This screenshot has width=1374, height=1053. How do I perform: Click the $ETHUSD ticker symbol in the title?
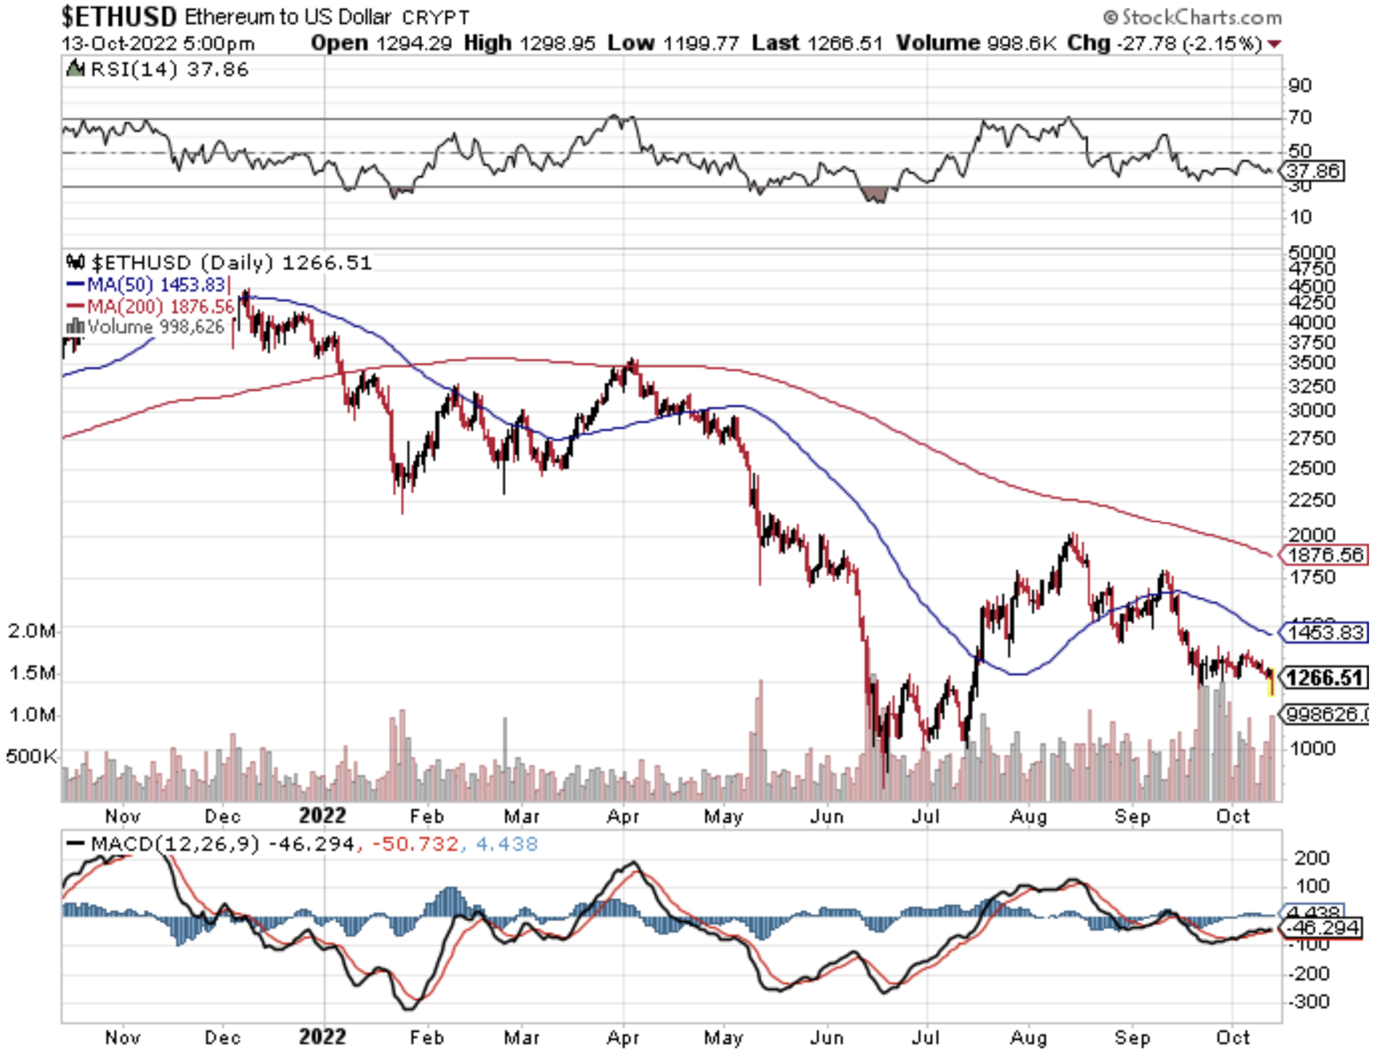point(120,17)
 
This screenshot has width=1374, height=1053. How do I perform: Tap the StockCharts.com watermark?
point(1193,17)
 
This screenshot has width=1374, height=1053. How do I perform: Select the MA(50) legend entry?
point(147,284)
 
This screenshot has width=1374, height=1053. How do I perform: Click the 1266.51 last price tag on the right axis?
point(1324,678)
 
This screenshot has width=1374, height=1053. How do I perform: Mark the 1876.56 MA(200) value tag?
point(1325,555)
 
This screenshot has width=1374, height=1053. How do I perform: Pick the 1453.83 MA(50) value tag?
point(1325,632)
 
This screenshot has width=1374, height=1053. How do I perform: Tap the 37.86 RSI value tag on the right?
point(1313,171)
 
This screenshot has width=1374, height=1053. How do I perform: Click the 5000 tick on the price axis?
point(1311,253)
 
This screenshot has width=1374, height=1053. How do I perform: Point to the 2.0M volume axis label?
point(32,630)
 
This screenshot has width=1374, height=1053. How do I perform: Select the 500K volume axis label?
point(32,756)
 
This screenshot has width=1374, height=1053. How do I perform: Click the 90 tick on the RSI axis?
point(1300,85)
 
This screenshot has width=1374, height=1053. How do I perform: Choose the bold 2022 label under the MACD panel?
point(322,1036)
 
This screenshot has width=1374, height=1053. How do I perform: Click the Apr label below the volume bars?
point(623,816)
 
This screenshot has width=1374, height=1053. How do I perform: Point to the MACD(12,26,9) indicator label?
point(175,844)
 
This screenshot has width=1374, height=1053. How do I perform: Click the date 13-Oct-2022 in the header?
point(119,43)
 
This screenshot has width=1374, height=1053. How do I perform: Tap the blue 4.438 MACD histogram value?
point(506,844)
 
